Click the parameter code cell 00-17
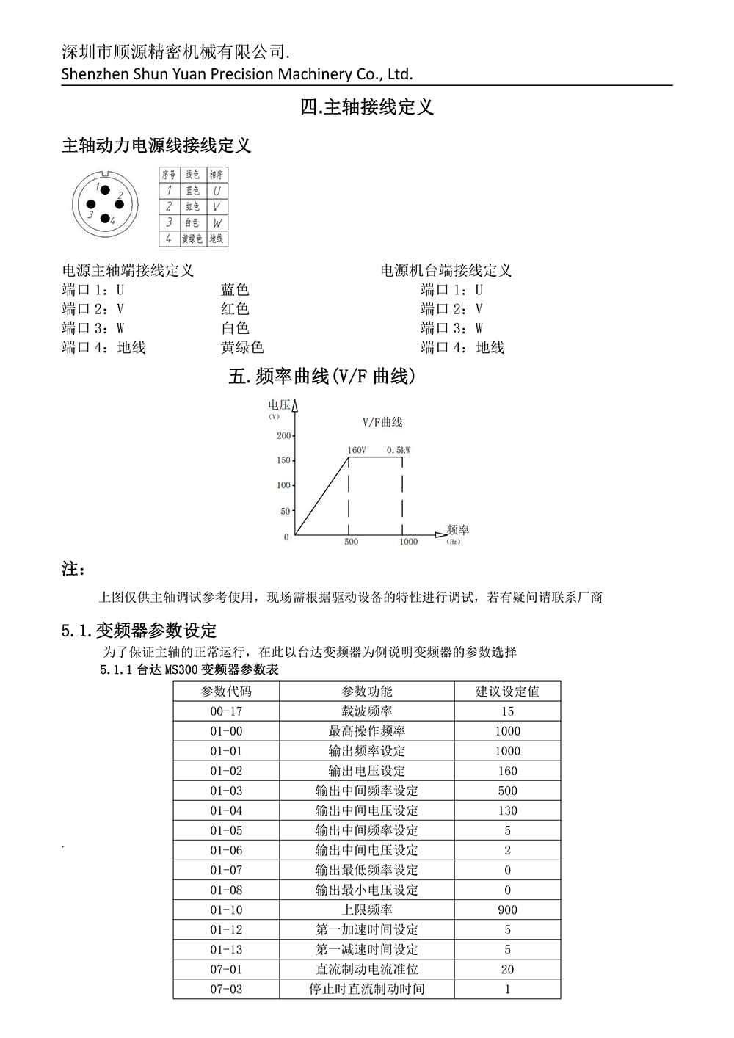coord(226,711)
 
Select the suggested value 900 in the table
coord(507,910)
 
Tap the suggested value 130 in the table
coord(507,810)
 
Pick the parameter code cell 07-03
coord(226,989)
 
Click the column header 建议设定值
coord(507,692)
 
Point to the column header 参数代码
coord(226,692)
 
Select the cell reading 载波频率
coord(367,711)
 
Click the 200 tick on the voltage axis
coord(284,435)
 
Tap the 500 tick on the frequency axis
coord(352,542)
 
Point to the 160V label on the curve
coord(356,450)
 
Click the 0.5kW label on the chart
coord(399,450)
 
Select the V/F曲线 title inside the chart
coord(382,422)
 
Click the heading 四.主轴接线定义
coord(367,107)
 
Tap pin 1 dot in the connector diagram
coord(105,190)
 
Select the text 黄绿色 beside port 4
coord(242,347)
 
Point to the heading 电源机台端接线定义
coord(446,270)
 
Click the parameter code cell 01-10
coord(226,910)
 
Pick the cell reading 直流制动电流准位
coord(367,969)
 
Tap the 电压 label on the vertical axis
coord(279,404)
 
